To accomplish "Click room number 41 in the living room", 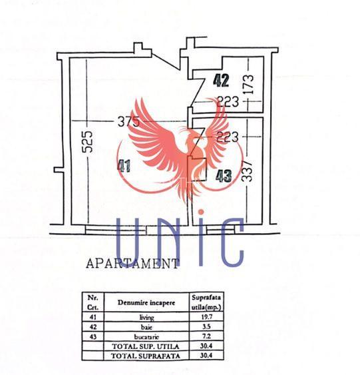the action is click(x=124, y=166).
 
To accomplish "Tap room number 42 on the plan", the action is click(x=221, y=81).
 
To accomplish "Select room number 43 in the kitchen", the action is click(x=224, y=176).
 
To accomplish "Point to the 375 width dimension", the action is click(x=128, y=121).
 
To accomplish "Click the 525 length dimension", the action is click(x=87, y=141).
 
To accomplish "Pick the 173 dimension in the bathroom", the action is click(x=248, y=84).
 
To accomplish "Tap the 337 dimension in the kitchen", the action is click(x=246, y=171).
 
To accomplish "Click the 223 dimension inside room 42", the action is click(x=228, y=101).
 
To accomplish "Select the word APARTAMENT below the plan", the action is click(x=132, y=264).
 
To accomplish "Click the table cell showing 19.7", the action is click(x=206, y=317).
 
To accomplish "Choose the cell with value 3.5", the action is click(x=206, y=326).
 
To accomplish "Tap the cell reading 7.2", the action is click(x=206, y=336).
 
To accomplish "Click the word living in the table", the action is click(x=146, y=318).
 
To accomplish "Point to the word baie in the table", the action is click(x=146, y=327).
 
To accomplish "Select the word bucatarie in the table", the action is click(x=146, y=337).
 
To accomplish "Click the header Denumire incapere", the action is click(x=146, y=302).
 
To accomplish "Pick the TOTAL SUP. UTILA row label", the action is click(x=146, y=346).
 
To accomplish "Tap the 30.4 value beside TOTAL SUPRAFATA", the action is click(x=206, y=356).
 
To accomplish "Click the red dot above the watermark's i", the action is click(x=201, y=212).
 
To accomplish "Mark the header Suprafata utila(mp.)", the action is click(x=206, y=302).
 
